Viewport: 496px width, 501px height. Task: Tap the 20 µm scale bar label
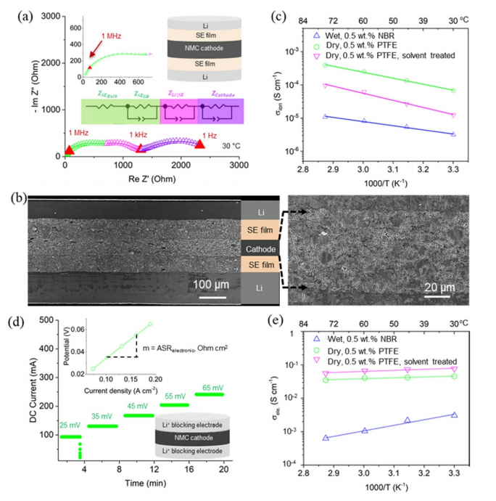(436, 284)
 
